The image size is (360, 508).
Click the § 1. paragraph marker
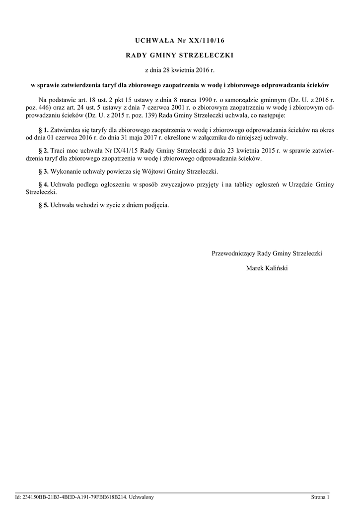pos(43,129)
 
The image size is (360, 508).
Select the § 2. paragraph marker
pos(43,150)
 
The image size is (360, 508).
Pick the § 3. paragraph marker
pos(43,171)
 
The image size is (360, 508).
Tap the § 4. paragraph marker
pos(43,185)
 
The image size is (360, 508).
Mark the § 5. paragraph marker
pos(43,205)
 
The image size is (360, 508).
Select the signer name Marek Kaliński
pos(267,268)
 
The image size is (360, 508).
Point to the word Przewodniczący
pos(233,253)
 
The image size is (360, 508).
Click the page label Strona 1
pos(320,497)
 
